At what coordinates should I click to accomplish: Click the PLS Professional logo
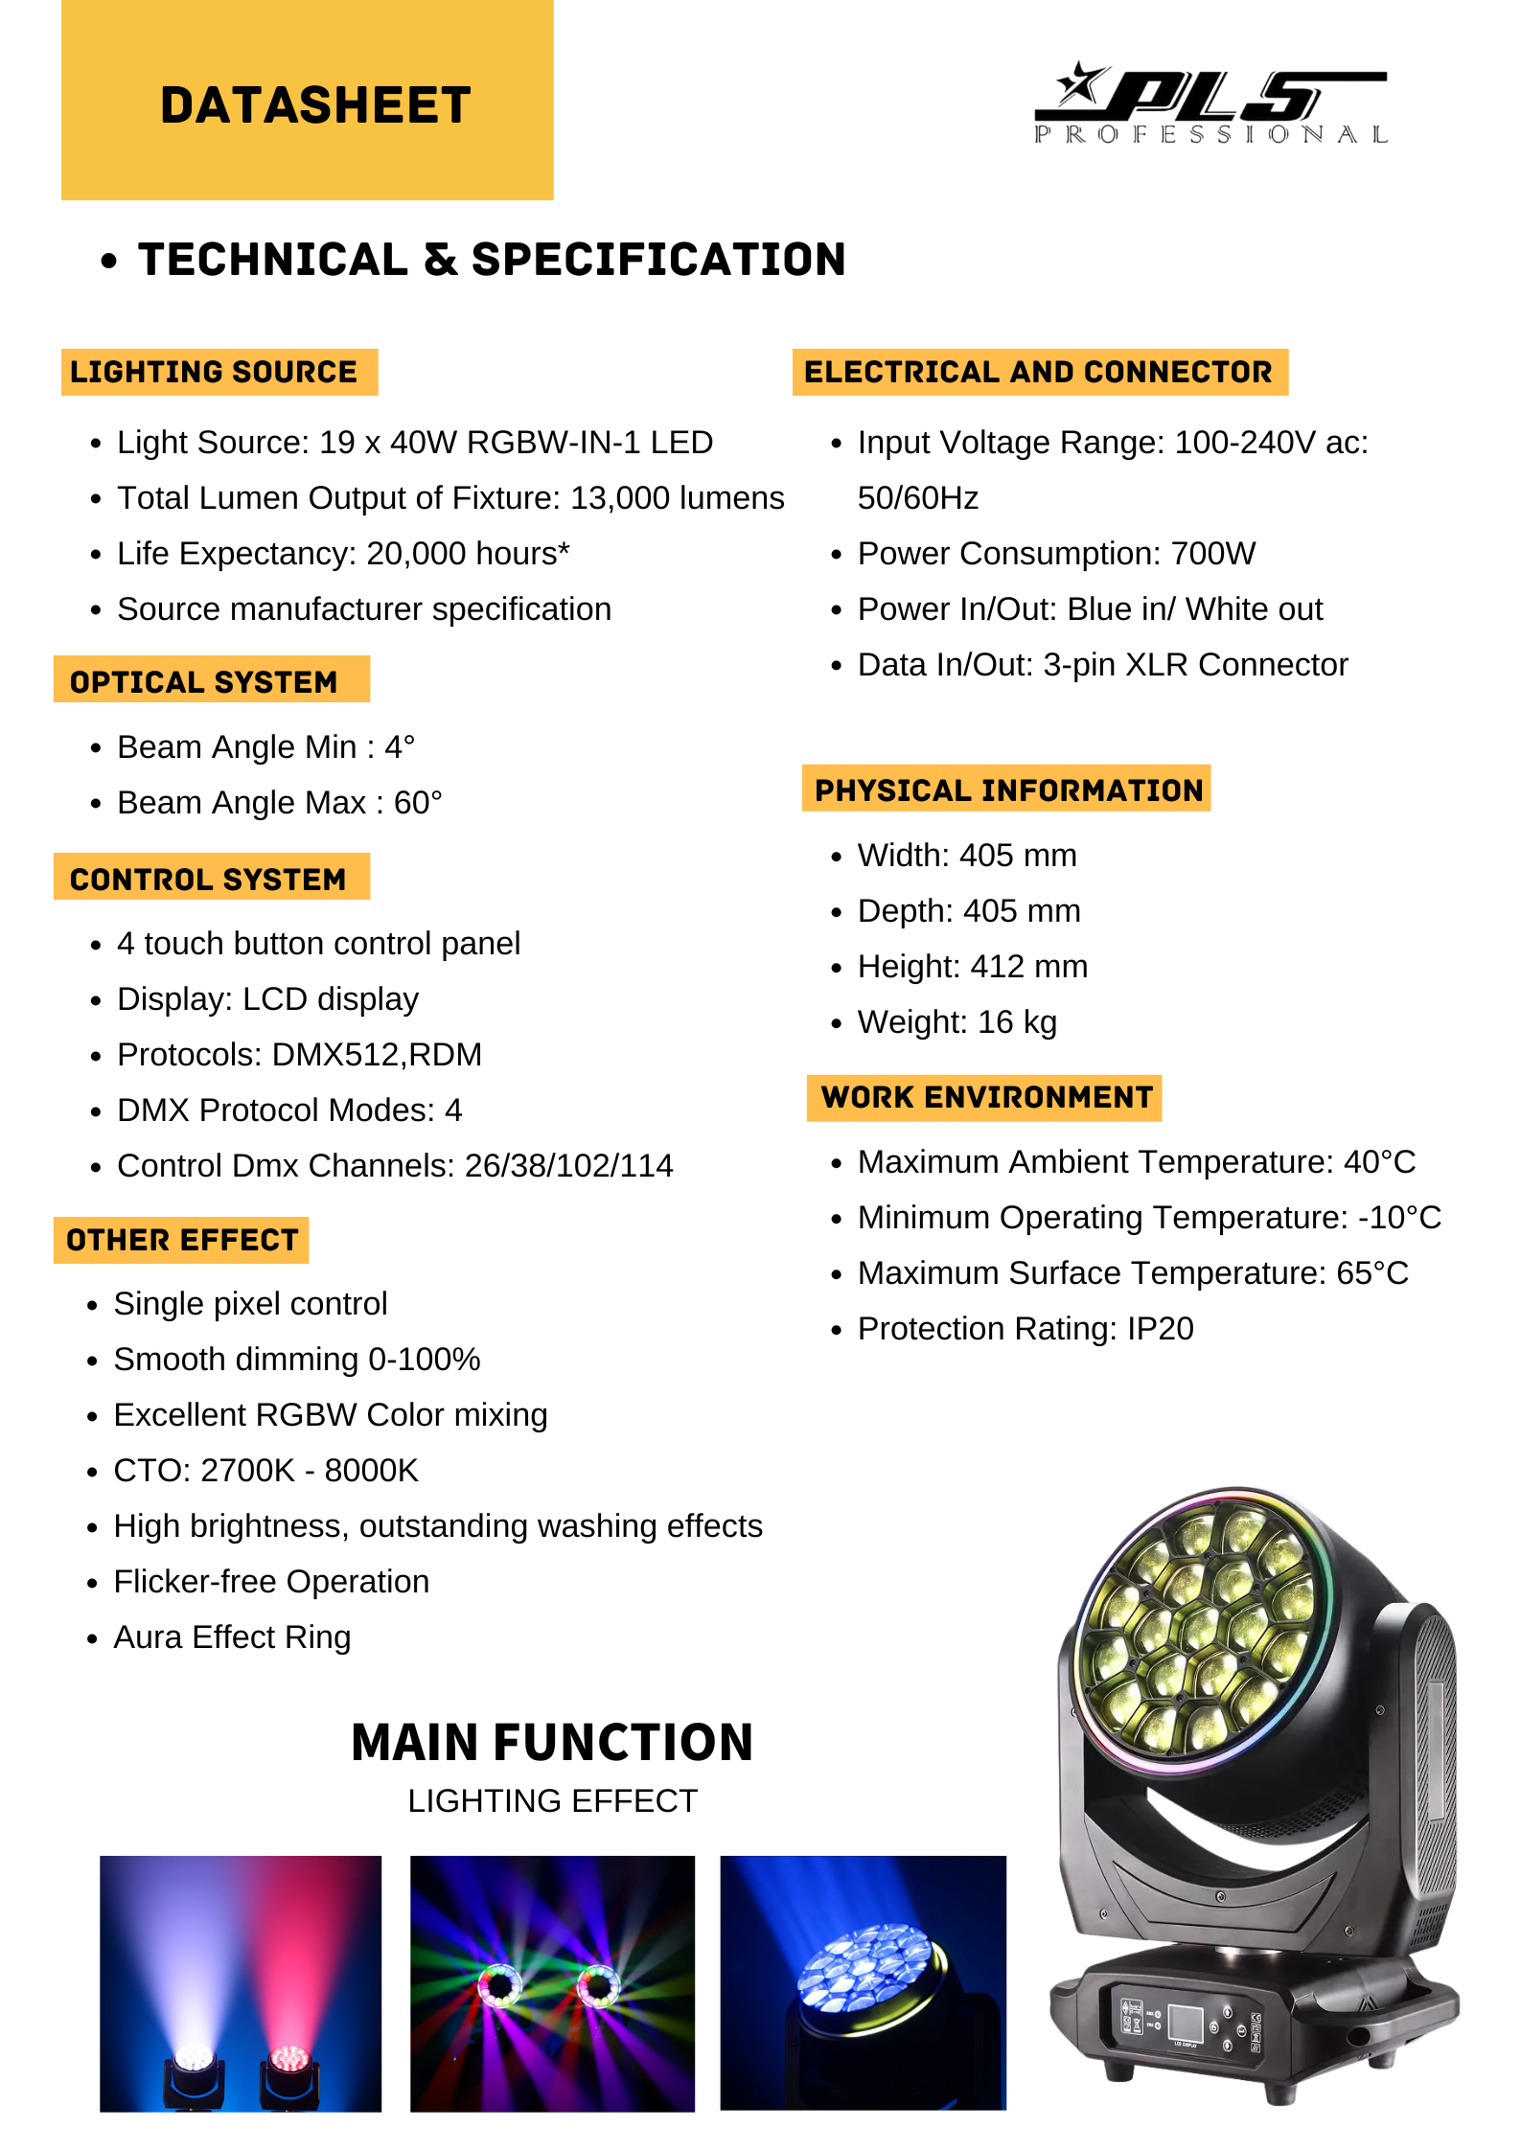[1210, 103]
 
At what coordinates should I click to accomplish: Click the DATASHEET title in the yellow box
[315, 105]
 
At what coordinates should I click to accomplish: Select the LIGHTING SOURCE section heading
[214, 372]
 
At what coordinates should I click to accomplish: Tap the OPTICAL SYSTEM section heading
[204, 681]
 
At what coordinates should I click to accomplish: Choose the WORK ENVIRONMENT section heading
[986, 1097]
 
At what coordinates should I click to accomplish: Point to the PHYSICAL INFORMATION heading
[1008, 789]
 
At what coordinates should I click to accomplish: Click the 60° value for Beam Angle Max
[418, 803]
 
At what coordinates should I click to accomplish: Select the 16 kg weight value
[1017, 1022]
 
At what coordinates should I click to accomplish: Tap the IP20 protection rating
[1160, 1329]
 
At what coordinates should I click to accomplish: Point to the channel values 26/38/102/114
[568, 1166]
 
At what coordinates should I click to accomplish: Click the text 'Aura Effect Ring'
[232, 1637]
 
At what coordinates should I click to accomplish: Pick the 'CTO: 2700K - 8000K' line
[266, 1471]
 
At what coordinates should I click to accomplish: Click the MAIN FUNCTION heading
[552, 1743]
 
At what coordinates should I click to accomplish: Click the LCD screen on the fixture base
[1186, 2022]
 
